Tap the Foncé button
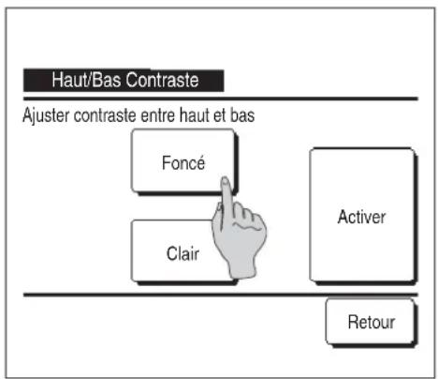[183, 161]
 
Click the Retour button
[370, 322]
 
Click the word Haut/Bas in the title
[86, 80]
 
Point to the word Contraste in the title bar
[162, 80]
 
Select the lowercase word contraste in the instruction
[105, 115]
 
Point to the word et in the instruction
[220, 115]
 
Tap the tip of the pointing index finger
[225, 179]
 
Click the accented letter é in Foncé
[200, 162]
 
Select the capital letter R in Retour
[353, 322]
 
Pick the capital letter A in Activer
[343, 217]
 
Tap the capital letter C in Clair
[172, 253]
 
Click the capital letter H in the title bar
[57, 80]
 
